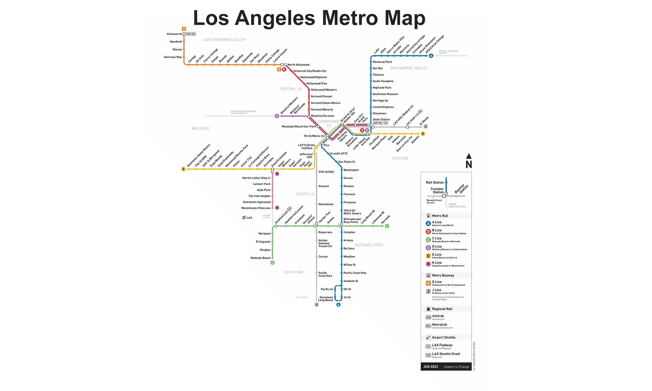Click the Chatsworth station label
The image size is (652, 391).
point(174,34)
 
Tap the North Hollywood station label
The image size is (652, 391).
point(298,65)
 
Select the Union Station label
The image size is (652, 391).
point(381,119)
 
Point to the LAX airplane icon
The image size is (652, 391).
point(244,218)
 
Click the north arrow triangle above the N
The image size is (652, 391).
point(469,156)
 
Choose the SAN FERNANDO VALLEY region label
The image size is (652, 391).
point(224,40)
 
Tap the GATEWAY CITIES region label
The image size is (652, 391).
point(369,245)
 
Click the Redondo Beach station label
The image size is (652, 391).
point(260,258)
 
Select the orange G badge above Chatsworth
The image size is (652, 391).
point(184,29)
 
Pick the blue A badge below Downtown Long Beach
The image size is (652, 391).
point(338,305)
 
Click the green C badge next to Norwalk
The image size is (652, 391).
point(387,226)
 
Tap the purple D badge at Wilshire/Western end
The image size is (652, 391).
point(277,116)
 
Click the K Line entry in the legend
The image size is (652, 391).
point(437,263)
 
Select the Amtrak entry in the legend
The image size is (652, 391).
point(438,316)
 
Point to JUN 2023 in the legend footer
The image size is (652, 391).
point(430,367)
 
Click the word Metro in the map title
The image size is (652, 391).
point(350,18)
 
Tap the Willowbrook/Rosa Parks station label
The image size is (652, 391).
point(352,221)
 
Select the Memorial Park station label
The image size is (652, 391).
point(382,62)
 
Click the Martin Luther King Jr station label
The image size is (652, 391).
point(256,178)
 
